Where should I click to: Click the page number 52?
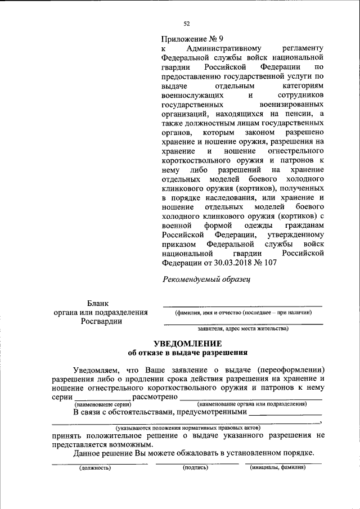187,24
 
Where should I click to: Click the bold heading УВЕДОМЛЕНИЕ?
188,344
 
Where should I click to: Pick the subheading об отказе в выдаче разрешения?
188,353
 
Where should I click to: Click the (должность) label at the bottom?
94,467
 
